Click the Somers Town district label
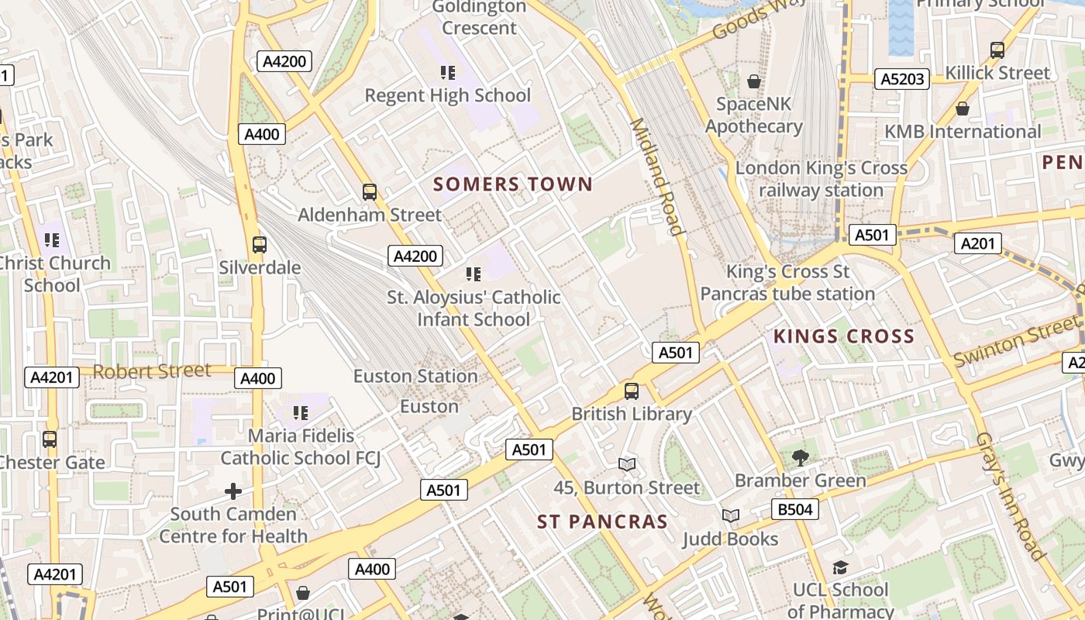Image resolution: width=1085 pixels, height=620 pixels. (x=513, y=184)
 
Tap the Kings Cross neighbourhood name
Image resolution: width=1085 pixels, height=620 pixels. (x=844, y=336)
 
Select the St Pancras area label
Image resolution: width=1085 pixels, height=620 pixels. (x=602, y=522)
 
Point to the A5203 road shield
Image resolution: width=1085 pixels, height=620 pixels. (x=903, y=78)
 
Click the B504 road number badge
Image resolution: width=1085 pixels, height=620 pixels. (x=795, y=509)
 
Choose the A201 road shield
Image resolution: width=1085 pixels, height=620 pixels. (x=977, y=243)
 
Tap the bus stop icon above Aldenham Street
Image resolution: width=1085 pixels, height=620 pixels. (x=370, y=191)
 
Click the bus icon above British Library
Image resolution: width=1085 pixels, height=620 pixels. (x=632, y=391)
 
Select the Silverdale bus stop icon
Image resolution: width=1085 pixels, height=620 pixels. (x=260, y=245)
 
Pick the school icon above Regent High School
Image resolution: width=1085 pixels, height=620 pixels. (x=448, y=73)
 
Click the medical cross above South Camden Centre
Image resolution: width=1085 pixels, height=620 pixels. (x=233, y=491)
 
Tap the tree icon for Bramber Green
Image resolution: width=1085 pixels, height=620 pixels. (x=801, y=457)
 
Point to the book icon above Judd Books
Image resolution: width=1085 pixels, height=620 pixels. (x=730, y=515)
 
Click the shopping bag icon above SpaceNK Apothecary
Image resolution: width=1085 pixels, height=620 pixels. (x=753, y=81)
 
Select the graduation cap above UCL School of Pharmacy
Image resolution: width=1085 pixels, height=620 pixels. (x=840, y=567)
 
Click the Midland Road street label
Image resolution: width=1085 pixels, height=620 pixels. (x=656, y=177)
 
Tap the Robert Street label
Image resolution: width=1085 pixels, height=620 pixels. (x=152, y=370)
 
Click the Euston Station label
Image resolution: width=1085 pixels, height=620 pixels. (x=415, y=377)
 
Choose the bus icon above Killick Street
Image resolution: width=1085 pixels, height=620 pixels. (x=997, y=50)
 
